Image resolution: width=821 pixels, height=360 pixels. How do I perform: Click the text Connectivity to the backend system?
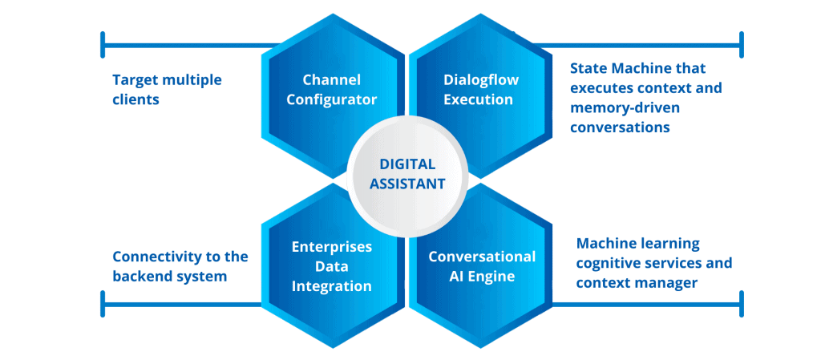click(180, 266)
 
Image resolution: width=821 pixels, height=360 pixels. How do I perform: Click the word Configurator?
click(331, 99)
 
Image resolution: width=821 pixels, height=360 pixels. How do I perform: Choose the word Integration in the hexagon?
click(331, 286)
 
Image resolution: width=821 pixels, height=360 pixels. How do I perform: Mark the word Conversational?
click(482, 257)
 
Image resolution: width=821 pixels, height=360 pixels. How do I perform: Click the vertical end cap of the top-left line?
click(103, 45)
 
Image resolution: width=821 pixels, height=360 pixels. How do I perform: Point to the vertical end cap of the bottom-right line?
click(741, 304)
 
